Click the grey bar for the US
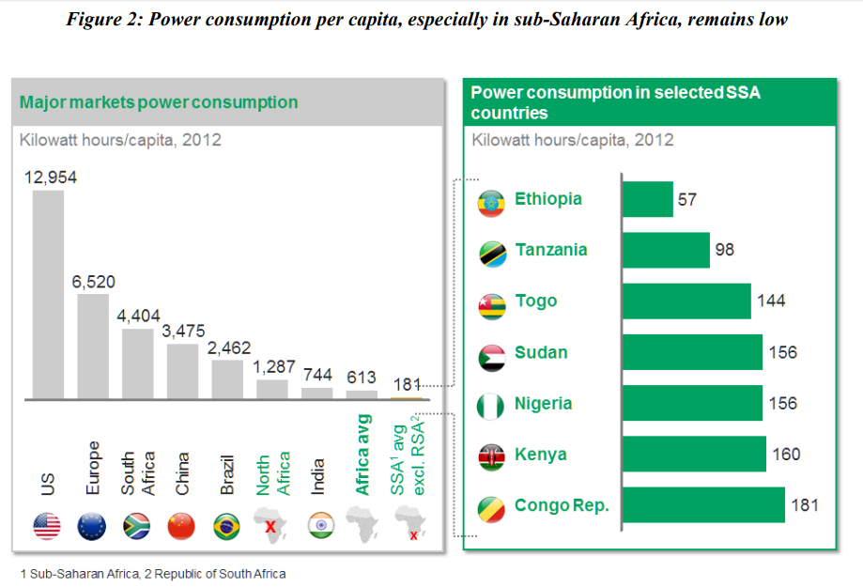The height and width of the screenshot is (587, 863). click(x=48, y=295)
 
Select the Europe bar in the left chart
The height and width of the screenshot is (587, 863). click(x=92, y=347)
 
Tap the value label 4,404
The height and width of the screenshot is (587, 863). click(x=137, y=316)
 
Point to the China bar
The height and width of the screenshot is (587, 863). click(x=182, y=371)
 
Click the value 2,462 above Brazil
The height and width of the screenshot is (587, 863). click(x=229, y=348)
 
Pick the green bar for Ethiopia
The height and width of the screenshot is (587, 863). click(x=647, y=199)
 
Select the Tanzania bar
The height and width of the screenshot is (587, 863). click(x=666, y=250)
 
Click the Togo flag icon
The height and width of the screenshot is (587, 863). click(x=492, y=306)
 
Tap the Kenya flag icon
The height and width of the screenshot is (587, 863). click(x=492, y=457)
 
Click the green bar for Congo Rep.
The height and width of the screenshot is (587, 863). click(x=703, y=504)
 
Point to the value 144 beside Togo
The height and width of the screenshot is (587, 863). click(x=770, y=301)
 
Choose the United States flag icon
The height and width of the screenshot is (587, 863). click(x=47, y=526)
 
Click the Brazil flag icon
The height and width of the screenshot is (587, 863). click(x=227, y=526)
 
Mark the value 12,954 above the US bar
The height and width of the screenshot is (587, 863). click(x=50, y=178)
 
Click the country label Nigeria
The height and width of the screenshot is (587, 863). click(x=543, y=404)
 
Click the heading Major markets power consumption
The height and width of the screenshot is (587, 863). click(x=159, y=102)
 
